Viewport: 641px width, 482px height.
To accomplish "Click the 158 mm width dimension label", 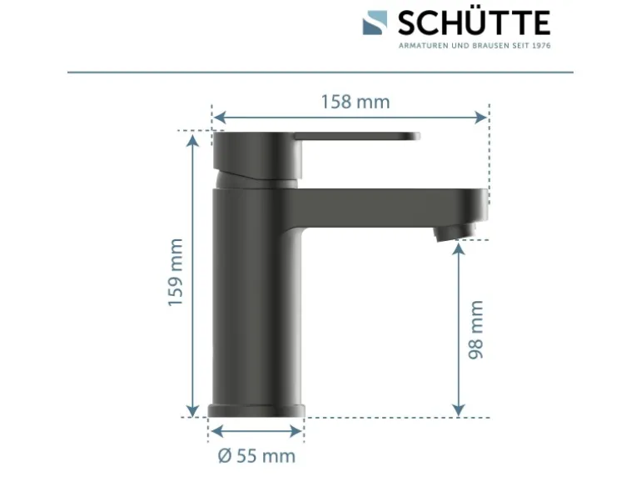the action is click(355, 102).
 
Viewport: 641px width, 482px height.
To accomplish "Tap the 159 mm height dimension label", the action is click(176, 272).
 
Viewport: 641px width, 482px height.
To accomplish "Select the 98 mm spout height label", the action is click(476, 329).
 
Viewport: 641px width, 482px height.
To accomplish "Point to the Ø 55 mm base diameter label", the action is click(256, 456).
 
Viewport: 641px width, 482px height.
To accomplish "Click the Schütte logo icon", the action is click(375, 23).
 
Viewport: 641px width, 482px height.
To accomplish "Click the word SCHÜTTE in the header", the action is click(475, 23).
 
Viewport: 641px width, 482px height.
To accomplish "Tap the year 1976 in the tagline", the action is click(541, 46).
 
